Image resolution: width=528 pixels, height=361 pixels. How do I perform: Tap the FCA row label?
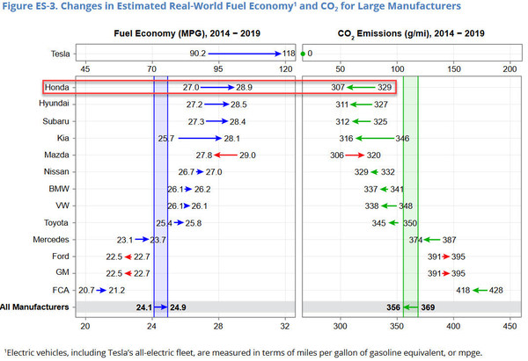coord(62,289)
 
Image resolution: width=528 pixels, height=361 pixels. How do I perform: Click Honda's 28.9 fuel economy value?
coord(244,88)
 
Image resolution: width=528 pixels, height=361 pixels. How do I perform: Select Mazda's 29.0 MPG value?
coord(246,155)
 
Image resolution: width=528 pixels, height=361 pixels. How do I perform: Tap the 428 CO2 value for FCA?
coord(495,289)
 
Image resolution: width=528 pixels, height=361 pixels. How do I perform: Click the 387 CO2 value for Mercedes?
coord(448,239)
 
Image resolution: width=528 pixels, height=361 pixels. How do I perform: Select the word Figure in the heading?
coord(20,7)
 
